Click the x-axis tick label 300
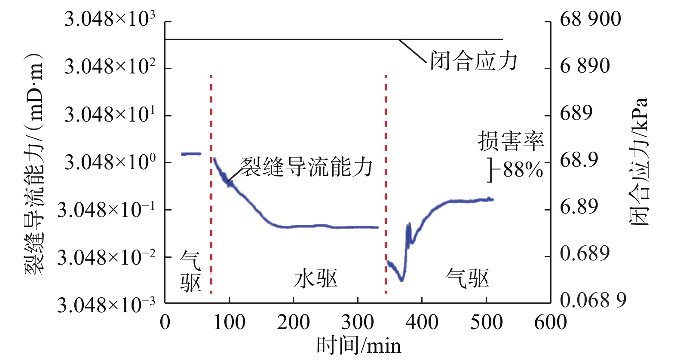tap(358, 323)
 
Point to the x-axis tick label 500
tap(486, 323)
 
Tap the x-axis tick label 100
tap(229, 323)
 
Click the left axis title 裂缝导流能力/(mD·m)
tap(34, 163)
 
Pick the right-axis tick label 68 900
tap(590, 19)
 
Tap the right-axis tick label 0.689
tap(585, 253)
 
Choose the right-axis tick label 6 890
tap(585, 66)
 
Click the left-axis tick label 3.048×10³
tap(110, 19)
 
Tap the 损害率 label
tap(511, 141)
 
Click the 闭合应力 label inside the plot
tap(474, 61)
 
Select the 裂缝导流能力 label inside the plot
tap(306, 167)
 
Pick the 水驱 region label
tap(316, 279)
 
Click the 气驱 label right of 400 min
tap(468, 278)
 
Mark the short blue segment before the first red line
tap(191, 153)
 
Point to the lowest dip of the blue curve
tap(401, 280)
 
